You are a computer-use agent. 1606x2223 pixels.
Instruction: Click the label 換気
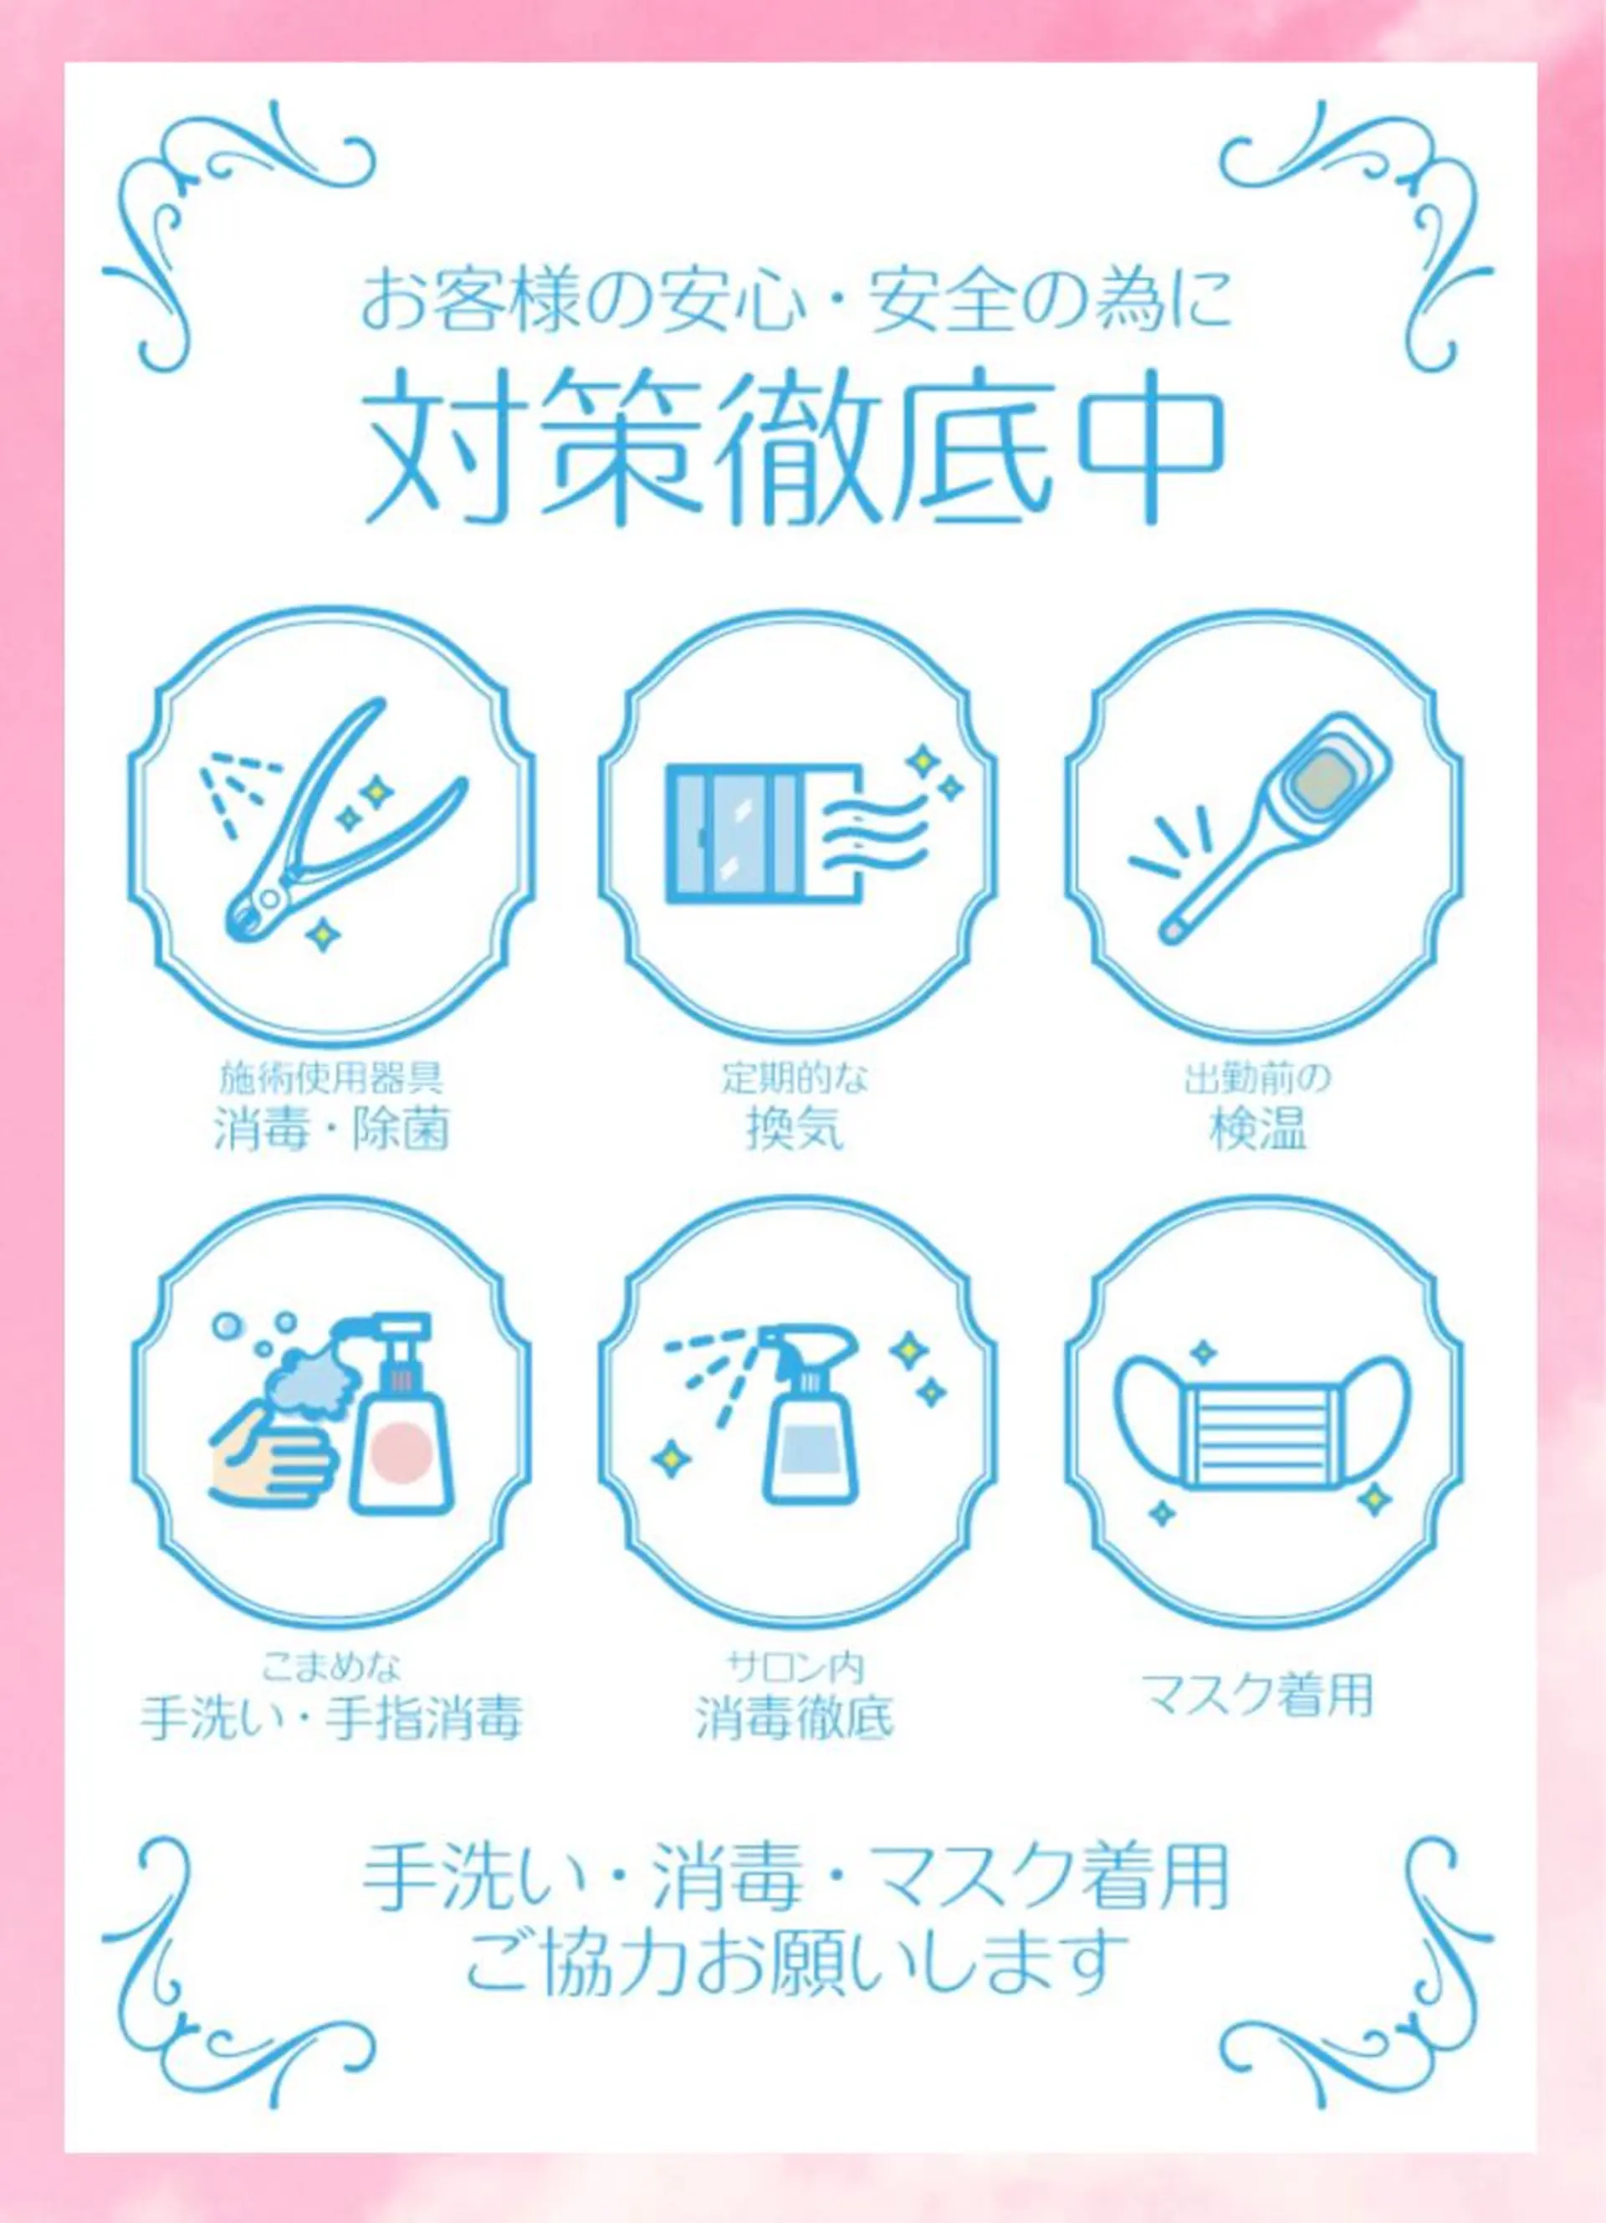point(795,1129)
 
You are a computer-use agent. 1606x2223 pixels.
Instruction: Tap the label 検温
point(1258,1129)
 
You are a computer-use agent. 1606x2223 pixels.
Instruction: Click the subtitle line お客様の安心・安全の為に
point(795,301)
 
